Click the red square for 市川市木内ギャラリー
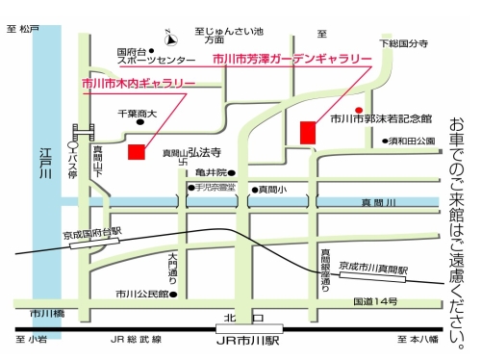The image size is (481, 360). pos(137,152)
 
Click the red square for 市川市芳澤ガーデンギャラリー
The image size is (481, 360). pos(308,131)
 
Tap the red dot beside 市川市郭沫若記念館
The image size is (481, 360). pos(359,109)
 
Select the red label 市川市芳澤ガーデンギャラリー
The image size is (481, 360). pos(291,60)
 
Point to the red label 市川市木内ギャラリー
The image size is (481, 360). pos(139,84)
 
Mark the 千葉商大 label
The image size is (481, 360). pos(137,114)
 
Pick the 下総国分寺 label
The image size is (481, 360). pos(402,44)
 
